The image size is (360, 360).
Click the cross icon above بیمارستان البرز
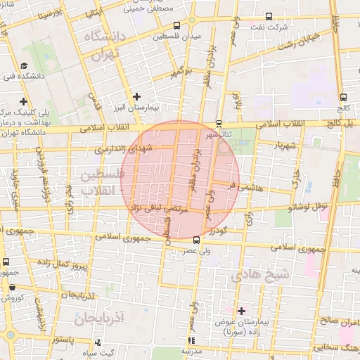(136, 96)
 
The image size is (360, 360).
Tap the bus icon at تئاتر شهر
(219, 123)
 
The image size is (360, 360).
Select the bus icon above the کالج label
(343, 98)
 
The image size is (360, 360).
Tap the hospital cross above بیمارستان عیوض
(242, 310)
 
